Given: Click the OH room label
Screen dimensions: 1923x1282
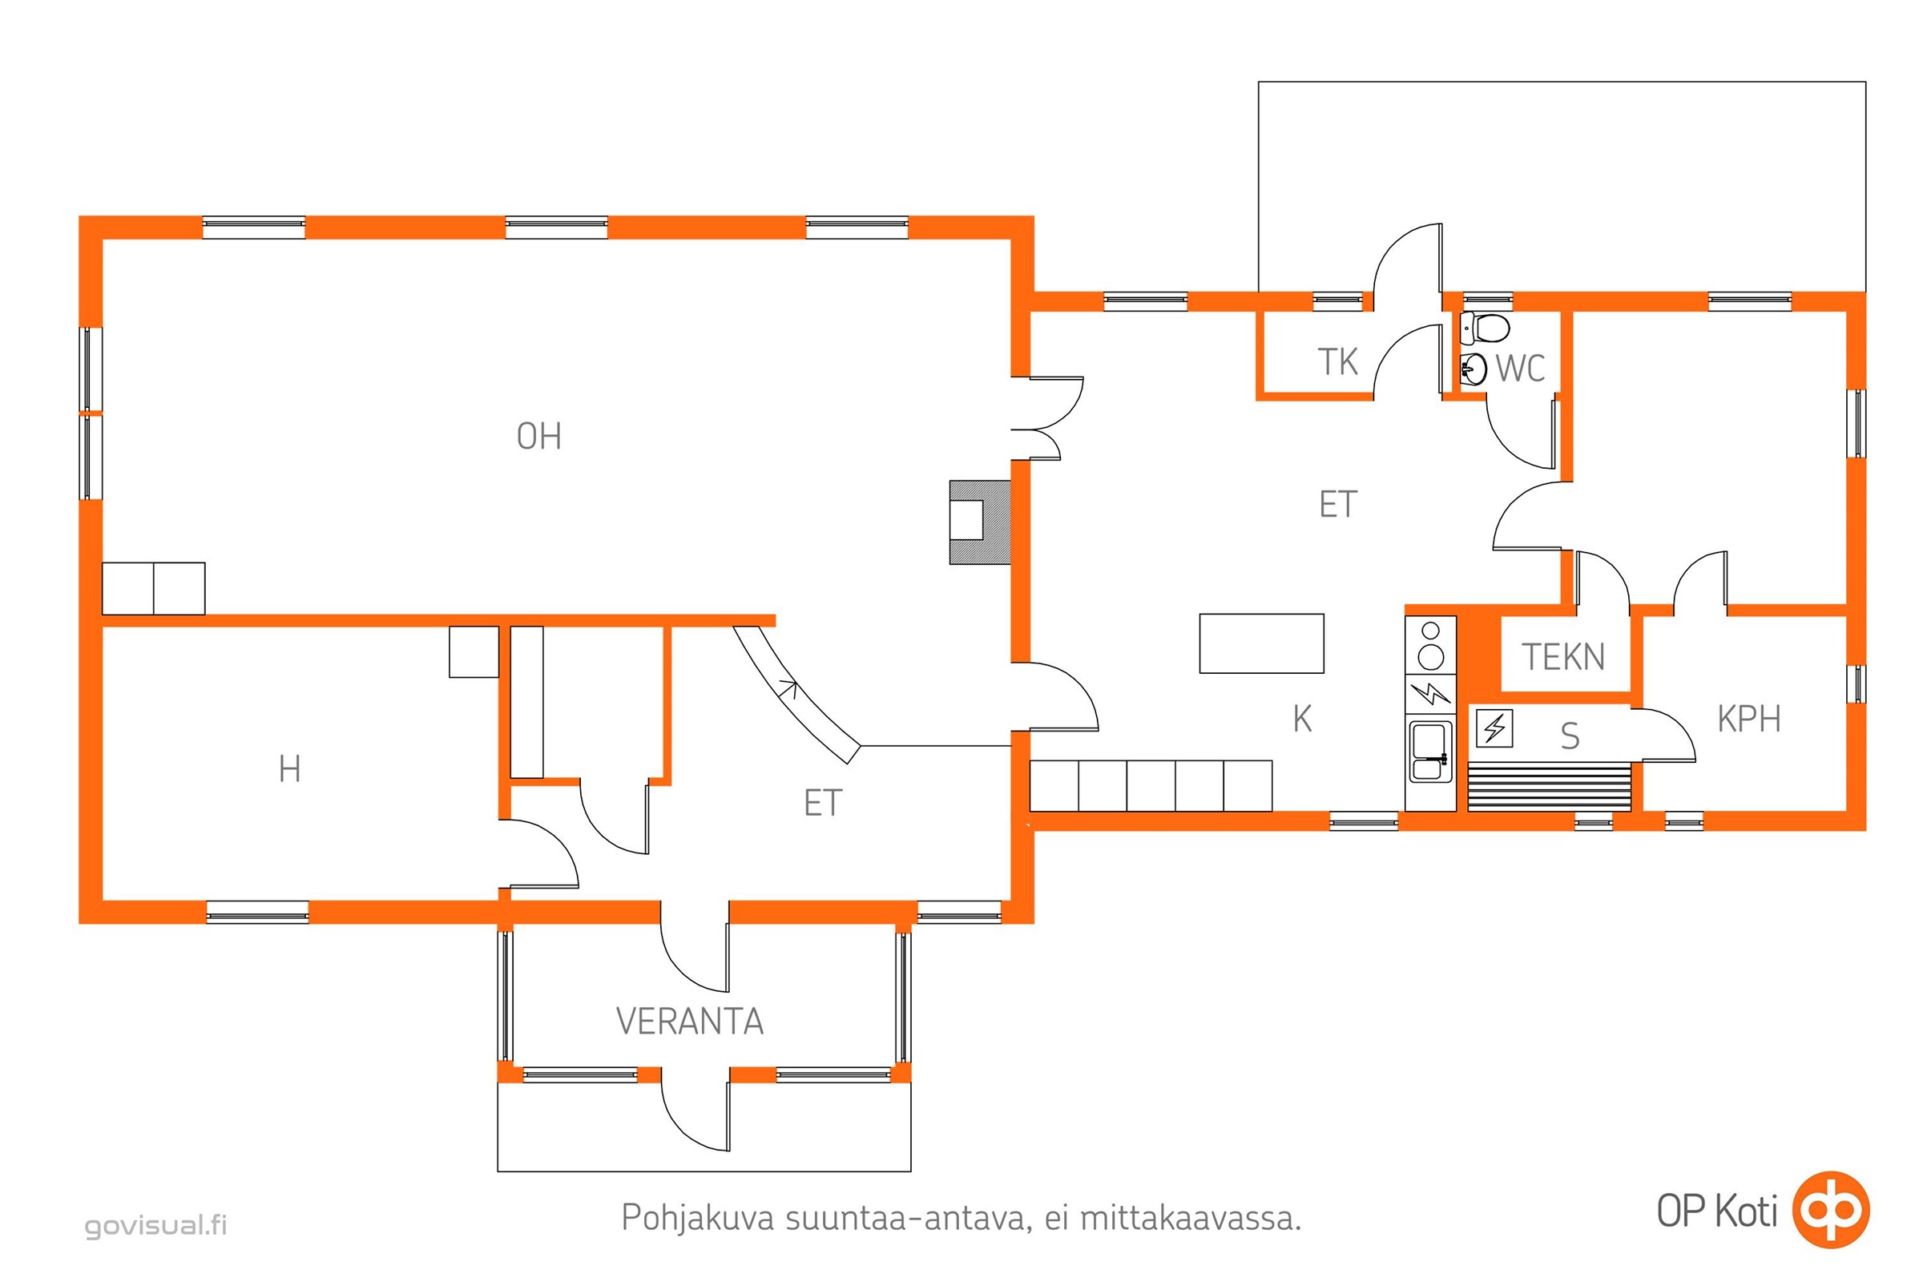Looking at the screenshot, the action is coord(538,437).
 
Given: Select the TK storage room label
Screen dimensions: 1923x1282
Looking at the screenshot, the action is coord(1337,362).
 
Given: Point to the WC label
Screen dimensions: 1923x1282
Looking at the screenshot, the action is coord(1521,369).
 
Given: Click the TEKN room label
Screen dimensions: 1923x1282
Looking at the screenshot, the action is coord(1563,657).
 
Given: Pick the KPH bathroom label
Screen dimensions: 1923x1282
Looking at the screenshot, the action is coord(1749,720).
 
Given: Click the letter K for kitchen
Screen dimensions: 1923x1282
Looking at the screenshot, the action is coord(1303,720).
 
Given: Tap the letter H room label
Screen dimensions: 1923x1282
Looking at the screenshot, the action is coord(289,769).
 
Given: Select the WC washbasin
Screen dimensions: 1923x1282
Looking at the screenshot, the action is coord(1473,369).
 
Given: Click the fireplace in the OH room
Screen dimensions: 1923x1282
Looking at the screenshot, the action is coord(979,522).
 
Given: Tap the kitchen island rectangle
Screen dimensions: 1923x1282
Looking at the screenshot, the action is coord(1261,643).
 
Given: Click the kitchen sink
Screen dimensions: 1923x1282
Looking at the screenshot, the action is coord(1429,752).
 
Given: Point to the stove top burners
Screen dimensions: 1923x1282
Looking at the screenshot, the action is coord(1431,645).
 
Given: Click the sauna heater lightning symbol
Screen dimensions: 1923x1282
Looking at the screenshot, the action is coord(1494,728).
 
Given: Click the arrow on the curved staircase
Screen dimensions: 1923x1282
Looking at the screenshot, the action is coord(790,687).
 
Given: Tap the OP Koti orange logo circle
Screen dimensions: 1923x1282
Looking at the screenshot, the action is coord(1831,1210).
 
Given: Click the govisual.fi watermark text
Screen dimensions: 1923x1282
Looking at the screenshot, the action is coord(156,1224).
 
